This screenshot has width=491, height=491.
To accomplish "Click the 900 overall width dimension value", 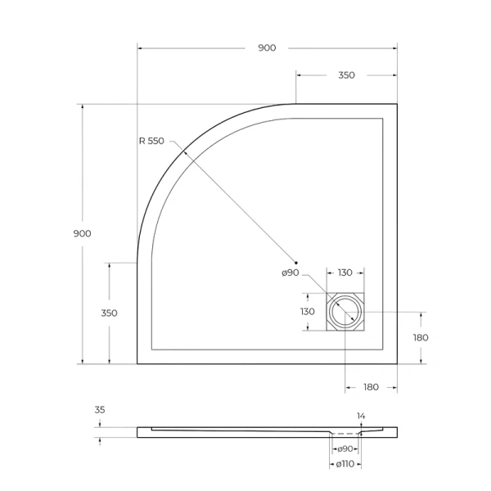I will coord(267,47).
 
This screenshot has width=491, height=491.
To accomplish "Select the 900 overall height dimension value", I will coord(82,233).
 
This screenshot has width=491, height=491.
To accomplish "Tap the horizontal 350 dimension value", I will coord(346,75).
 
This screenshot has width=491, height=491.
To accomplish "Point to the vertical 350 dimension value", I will coord(109,313).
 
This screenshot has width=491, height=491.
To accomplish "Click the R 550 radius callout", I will coord(151,141).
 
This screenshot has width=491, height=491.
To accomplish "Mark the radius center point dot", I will coord(296,260).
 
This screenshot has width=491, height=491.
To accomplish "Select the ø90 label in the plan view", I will coord(291,273).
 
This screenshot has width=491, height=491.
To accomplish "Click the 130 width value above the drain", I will coord(345,273).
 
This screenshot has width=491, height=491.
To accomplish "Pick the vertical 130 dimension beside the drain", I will coord(307,312).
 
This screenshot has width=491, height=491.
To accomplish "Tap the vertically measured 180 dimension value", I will coord(421,337).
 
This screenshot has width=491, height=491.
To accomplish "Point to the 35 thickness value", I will coord(100,410).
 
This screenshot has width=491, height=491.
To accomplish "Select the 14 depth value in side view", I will coord(361,417).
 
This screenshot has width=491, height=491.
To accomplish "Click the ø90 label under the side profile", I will coord(345,448).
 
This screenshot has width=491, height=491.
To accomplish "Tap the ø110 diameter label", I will coord(345,465).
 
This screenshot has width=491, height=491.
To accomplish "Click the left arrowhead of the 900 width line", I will coord(139,48).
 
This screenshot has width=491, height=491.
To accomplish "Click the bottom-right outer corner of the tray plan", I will coord(397,363).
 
